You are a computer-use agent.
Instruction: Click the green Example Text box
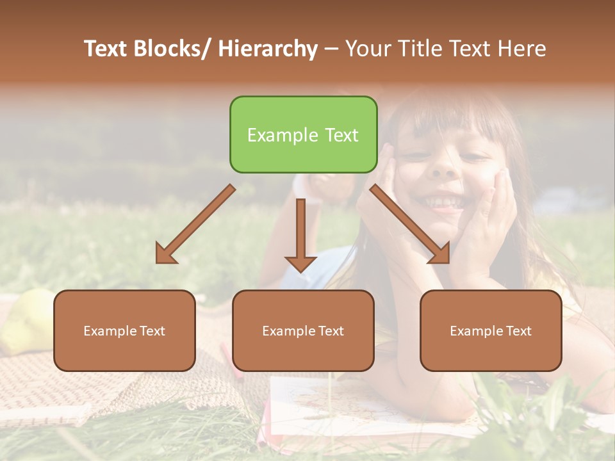coord(303,134)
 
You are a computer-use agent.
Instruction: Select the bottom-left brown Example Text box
coord(124,330)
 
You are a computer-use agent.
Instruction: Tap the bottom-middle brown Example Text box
coord(303,330)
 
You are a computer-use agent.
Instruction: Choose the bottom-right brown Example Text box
coord(491,330)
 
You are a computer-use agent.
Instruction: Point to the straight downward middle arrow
coord(300,234)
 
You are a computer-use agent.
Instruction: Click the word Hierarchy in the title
coord(268,49)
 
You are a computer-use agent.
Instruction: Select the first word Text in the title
coord(106,49)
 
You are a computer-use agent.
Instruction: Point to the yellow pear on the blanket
coord(26,320)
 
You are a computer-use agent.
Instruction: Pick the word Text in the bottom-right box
coord(518,331)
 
